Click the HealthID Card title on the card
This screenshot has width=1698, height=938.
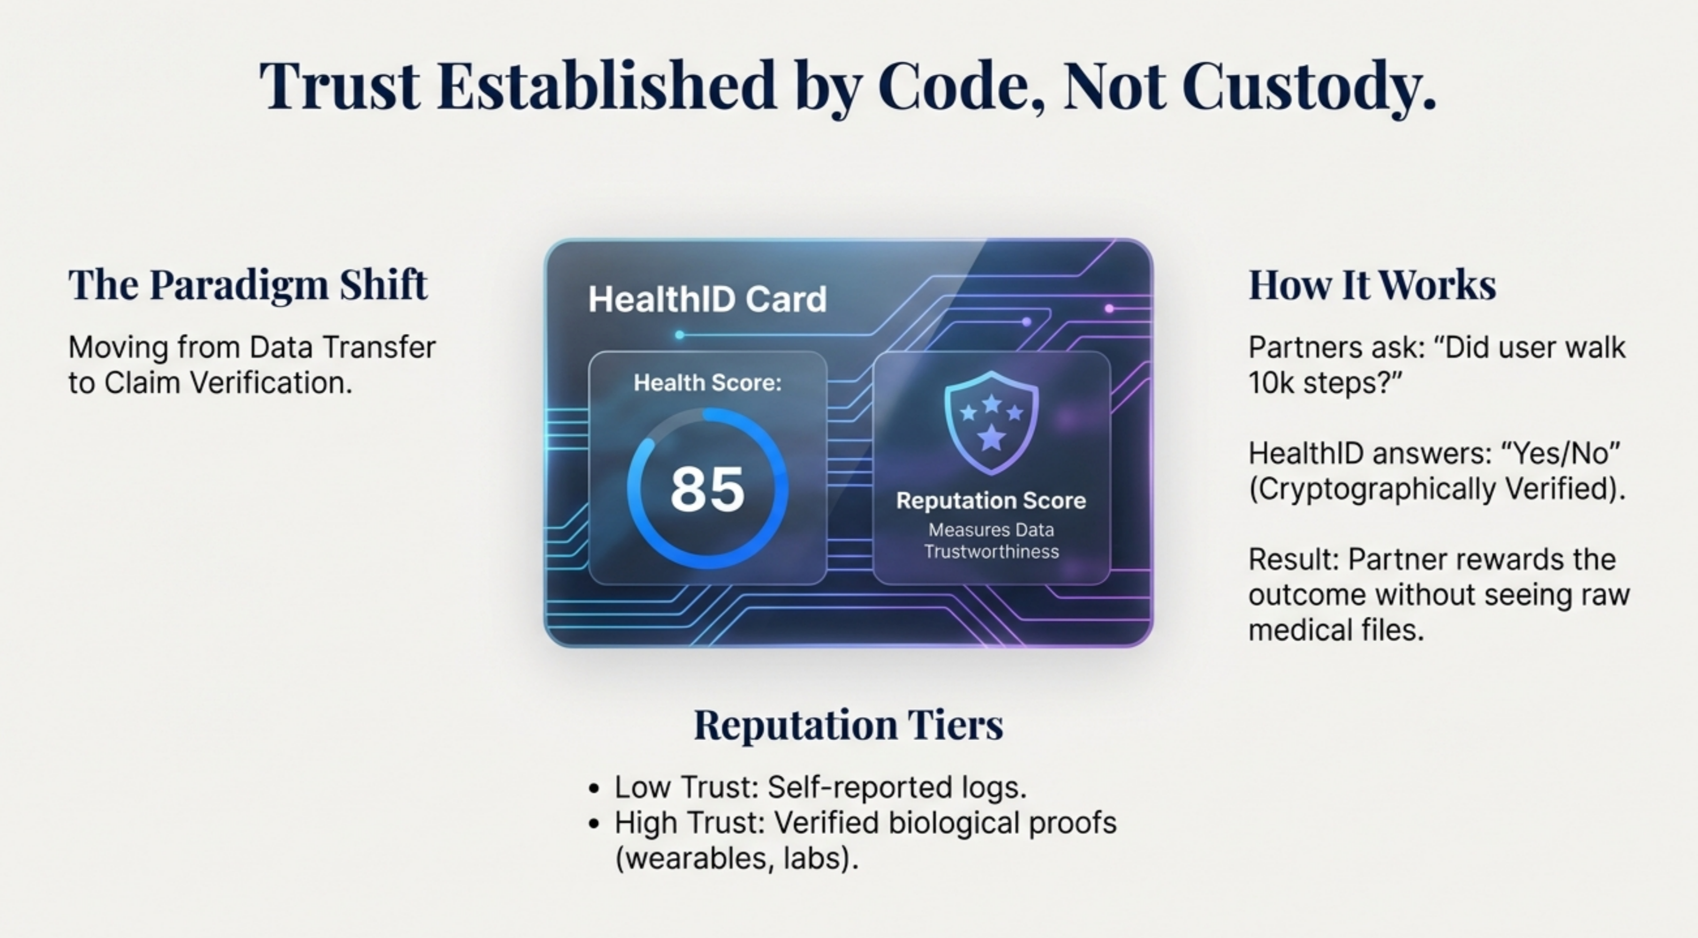click(x=707, y=299)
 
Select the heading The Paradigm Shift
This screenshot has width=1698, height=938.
click(x=248, y=285)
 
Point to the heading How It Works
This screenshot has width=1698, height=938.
click(x=1372, y=285)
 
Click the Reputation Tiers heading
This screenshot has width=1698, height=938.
click(x=849, y=725)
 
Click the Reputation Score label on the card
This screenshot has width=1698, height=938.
click(x=991, y=501)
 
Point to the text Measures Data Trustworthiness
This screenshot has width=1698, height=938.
click(x=991, y=540)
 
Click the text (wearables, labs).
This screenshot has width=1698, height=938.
click(x=736, y=859)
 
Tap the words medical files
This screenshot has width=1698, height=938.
click(x=1336, y=630)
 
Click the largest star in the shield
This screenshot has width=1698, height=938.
click(x=991, y=436)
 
